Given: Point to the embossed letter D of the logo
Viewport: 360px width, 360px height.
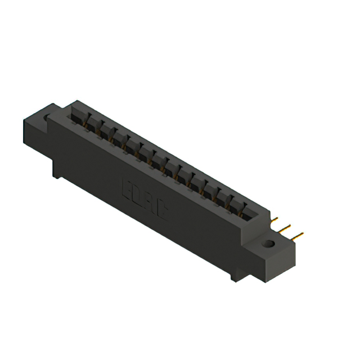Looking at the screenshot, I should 137,195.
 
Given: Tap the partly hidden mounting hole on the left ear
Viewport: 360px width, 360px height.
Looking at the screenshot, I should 47,119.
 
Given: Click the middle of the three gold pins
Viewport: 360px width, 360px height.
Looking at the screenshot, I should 286,228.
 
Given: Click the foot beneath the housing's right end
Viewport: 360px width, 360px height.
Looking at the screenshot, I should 235,277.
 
